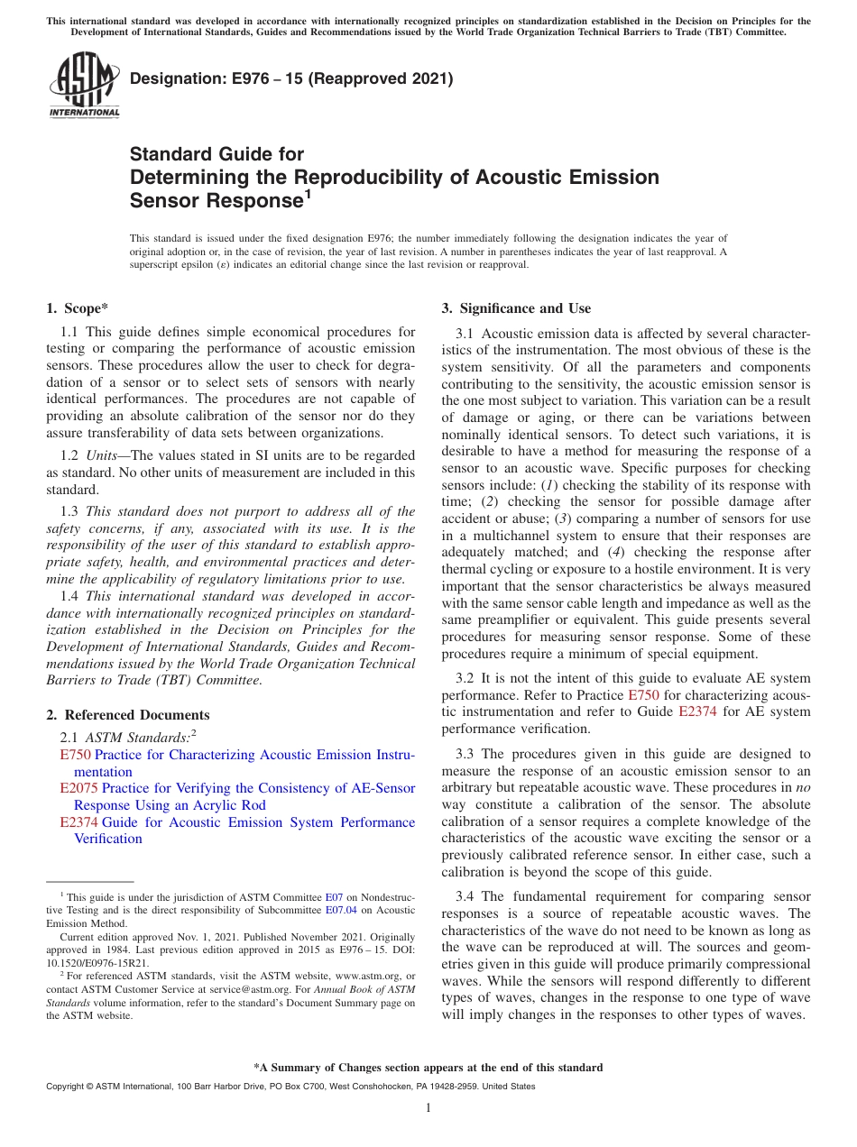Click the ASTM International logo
[x=83, y=85]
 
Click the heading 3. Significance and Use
[x=516, y=308]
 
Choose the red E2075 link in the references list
[x=78, y=788]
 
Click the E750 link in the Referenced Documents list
[x=75, y=755]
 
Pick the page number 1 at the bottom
[x=428, y=1108]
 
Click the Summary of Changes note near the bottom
[x=428, y=1068]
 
